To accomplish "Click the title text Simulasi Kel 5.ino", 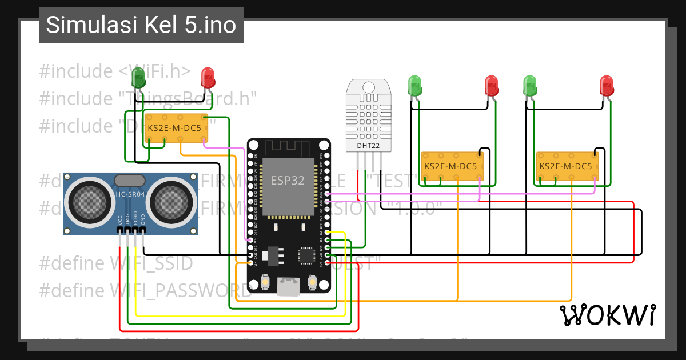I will pos(141,25).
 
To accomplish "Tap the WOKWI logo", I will pos(607,315).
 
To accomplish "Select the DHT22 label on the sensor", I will pos(369,146).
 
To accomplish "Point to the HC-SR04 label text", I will pos(130,194).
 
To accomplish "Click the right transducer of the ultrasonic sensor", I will pos(171,199).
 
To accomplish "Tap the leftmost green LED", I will pos(138,77).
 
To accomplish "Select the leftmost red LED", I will pos(208,77).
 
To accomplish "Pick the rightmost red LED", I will pos(607,86).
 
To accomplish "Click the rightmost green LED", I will pos(531,86).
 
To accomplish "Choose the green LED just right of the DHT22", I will pos(415,86).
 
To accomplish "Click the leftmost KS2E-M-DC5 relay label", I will pos(174,129).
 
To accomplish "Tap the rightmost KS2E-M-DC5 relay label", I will pos(565,166).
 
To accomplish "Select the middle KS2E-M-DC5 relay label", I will pos(450,166).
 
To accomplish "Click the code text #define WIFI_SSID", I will pos(116,263).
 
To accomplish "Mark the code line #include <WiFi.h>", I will pos(114,71).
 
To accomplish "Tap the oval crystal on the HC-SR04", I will pos(130,180).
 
